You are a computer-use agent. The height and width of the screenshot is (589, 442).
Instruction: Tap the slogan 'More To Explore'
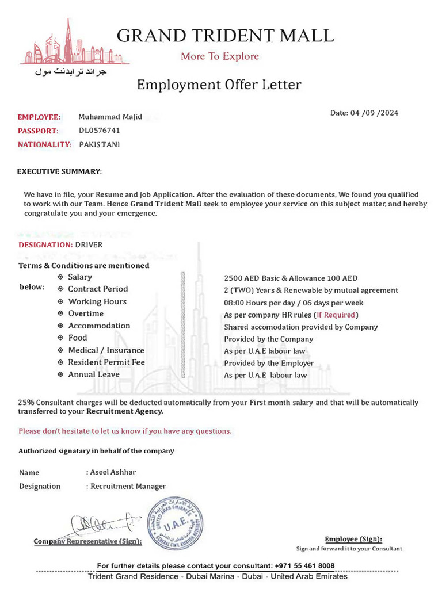(220, 56)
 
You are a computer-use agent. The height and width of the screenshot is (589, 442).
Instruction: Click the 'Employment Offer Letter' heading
(219, 85)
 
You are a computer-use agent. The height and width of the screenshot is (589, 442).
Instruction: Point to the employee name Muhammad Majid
(110, 117)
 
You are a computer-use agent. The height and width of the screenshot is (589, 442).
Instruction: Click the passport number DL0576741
(100, 131)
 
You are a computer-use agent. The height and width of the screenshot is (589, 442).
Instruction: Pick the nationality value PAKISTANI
(100, 144)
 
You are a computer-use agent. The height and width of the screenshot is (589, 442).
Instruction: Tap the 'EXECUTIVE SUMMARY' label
(59, 171)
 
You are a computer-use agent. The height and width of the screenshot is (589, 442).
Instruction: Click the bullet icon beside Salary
(60, 277)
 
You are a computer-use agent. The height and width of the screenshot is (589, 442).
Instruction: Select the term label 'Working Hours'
(97, 301)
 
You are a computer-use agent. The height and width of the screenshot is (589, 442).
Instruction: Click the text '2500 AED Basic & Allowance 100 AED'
(291, 278)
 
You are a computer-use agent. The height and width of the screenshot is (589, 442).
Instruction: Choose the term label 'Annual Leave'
(94, 374)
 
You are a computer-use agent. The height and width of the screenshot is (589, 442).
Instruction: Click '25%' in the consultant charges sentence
(25, 403)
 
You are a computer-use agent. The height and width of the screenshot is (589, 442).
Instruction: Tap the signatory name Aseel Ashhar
(113, 472)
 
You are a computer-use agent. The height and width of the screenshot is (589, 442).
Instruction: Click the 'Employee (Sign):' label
(353, 539)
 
